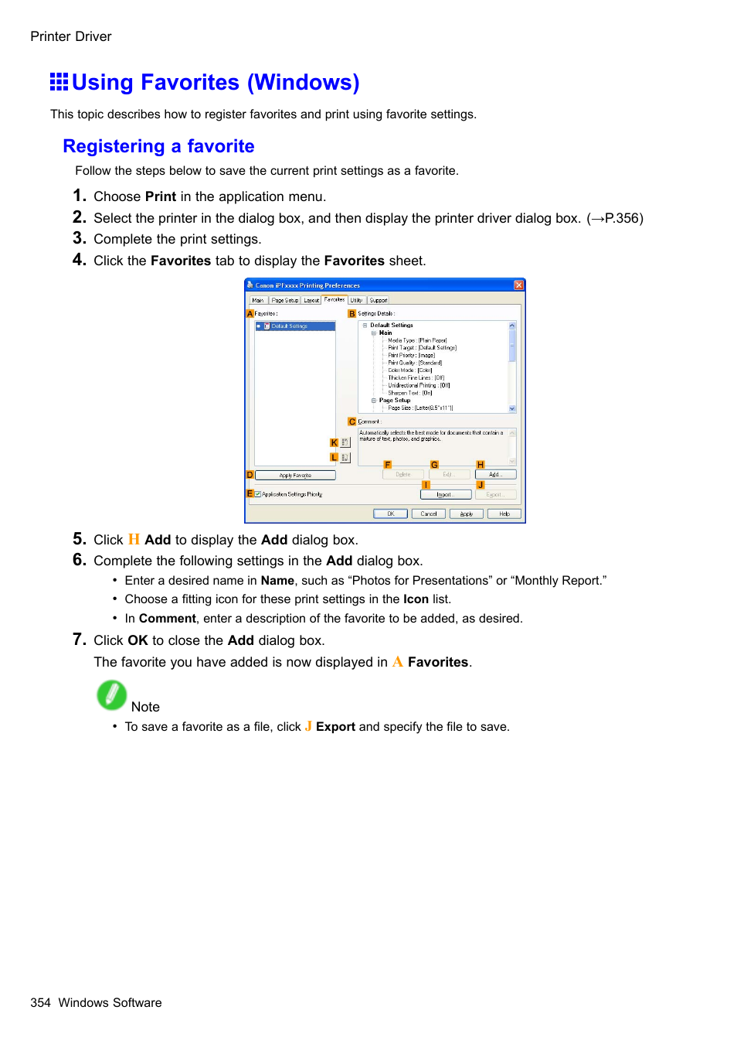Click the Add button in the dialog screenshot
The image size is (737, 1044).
(495, 475)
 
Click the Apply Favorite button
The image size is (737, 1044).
(295, 476)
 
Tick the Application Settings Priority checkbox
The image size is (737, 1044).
(258, 494)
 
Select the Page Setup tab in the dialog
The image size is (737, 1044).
(284, 300)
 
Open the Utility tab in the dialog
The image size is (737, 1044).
(356, 300)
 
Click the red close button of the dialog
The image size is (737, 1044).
(519, 285)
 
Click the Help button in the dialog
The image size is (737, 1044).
(504, 513)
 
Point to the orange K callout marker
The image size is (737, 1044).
(334, 443)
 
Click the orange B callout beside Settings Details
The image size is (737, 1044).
(352, 314)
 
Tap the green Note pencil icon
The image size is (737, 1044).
(111, 695)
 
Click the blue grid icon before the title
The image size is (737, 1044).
(59, 82)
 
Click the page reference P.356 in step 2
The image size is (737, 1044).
(623, 218)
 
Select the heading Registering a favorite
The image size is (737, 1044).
(158, 146)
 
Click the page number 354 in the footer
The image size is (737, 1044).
(40, 1003)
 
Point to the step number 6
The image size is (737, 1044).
(79, 560)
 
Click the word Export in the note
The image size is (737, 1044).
(335, 727)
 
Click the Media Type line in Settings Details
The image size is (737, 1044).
(417, 340)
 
